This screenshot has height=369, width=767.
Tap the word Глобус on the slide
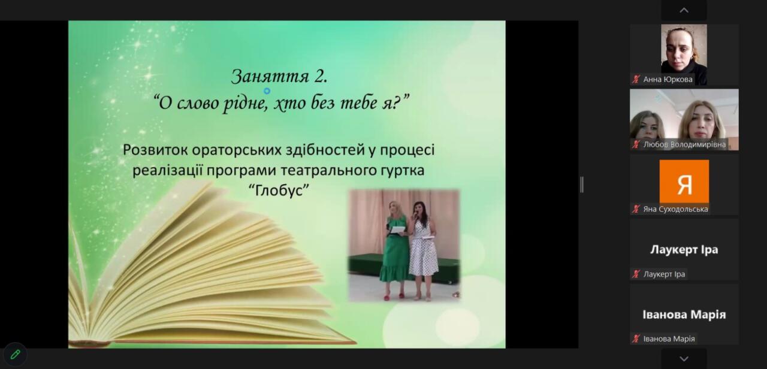(x=279, y=190)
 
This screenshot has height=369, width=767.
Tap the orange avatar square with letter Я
(x=684, y=182)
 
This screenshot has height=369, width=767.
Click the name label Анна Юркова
(x=668, y=80)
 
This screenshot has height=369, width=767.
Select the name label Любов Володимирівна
(x=684, y=144)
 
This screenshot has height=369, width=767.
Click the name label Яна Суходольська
(x=675, y=209)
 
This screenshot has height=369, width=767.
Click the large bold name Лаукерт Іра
(x=684, y=250)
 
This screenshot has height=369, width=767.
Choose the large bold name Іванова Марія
(x=684, y=314)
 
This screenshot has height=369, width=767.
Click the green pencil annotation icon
(x=15, y=355)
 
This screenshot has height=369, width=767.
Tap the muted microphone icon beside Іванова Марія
(x=636, y=339)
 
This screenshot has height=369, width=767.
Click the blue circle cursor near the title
(x=267, y=90)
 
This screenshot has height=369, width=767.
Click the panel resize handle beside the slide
(x=582, y=185)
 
